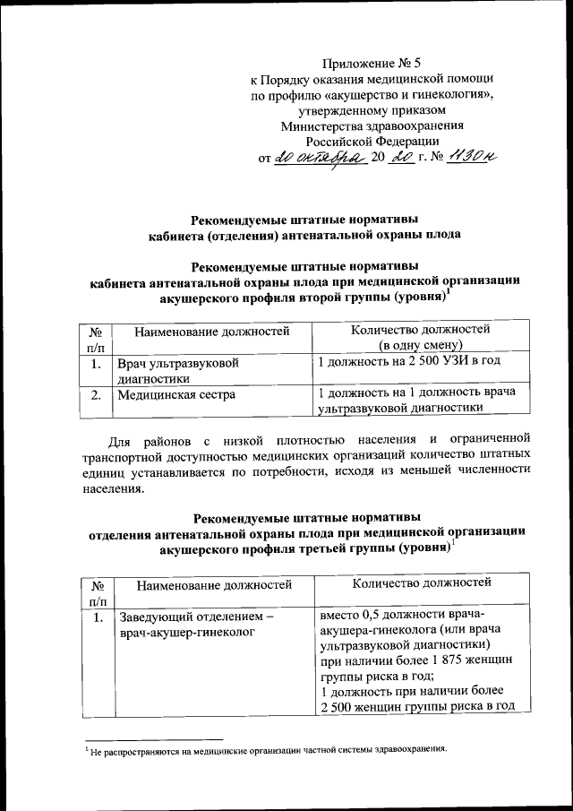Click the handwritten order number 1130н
coord(468,157)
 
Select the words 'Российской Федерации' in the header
coord(372,141)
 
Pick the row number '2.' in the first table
coord(95,393)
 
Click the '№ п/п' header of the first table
coord(95,337)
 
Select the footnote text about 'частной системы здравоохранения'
coord(268,749)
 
